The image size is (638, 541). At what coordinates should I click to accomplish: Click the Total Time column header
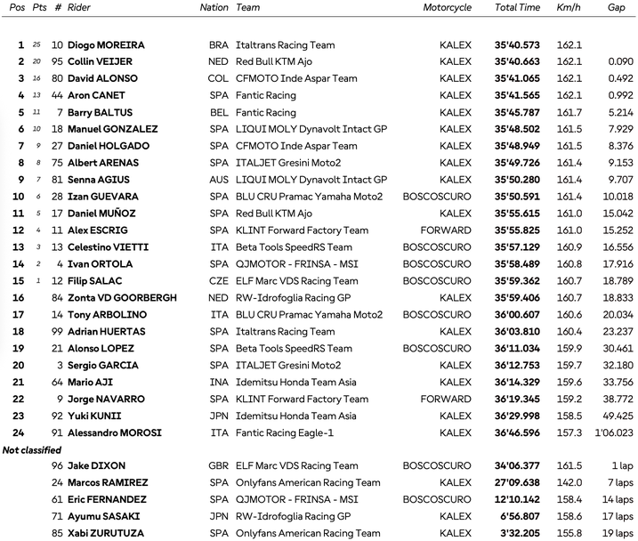pos(517,7)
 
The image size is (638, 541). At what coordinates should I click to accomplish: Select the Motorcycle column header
pos(447,7)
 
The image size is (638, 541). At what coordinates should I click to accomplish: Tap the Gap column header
pos(616,7)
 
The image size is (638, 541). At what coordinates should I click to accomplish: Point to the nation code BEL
pos(218,112)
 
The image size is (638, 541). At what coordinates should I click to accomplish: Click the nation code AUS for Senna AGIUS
pos(218,180)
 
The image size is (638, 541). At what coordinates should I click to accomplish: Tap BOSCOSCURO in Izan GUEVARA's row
pos(437,197)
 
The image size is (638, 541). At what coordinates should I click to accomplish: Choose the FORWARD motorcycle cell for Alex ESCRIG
pos(447,230)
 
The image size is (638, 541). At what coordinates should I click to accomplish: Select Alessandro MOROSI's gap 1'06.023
pos(613,433)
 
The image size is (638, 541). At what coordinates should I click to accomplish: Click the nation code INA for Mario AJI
pos(218,382)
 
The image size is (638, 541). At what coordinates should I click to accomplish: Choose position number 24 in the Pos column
pos(20,433)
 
